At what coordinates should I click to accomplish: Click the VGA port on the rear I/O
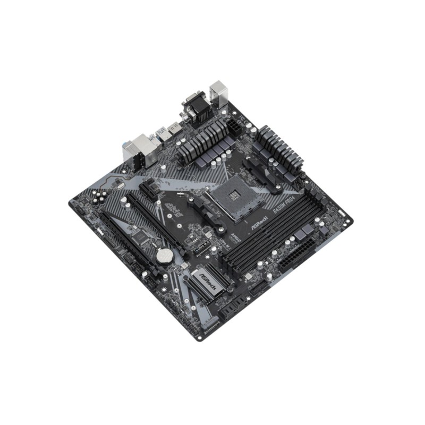[192, 102]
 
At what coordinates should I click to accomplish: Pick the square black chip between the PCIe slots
[140, 238]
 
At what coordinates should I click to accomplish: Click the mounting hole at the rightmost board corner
[347, 217]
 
